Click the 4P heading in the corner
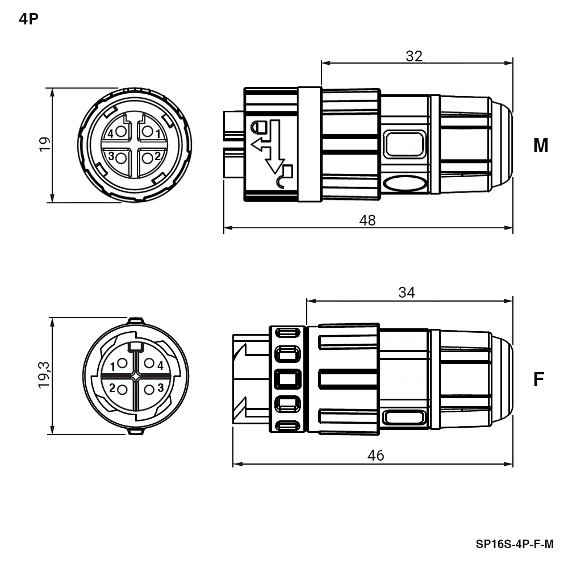tap(28, 19)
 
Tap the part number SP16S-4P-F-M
tap(515, 544)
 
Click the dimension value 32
tap(414, 56)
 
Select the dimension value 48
tap(367, 220)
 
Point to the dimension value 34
tap(407, 292)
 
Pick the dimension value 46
tap(375, 456)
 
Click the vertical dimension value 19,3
tap(44, 375)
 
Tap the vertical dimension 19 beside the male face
tap(45, 144)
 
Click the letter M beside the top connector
tap(541, 145)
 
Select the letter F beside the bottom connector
tap(539, 379)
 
